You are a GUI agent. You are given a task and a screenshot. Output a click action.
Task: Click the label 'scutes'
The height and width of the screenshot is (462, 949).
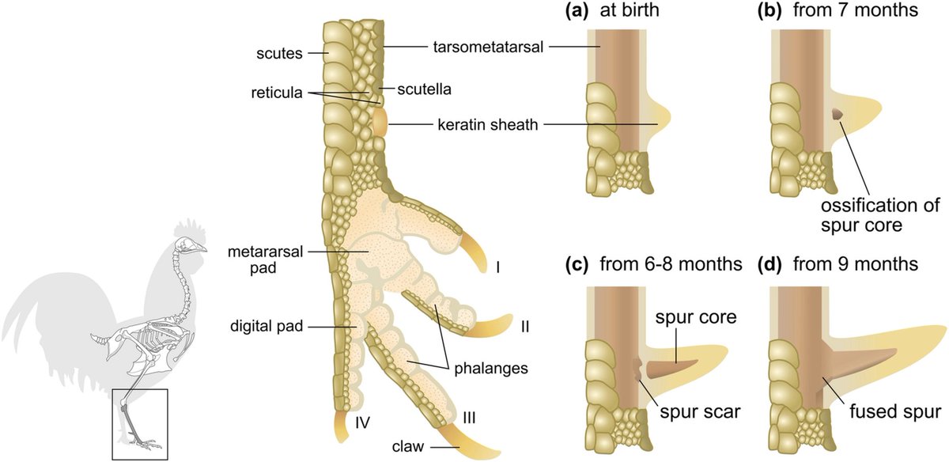point(279,54)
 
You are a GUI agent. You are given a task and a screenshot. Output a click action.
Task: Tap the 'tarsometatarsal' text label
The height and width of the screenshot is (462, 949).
point(488,47)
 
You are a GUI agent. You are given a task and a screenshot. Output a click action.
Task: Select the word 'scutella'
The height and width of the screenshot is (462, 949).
point(424,89)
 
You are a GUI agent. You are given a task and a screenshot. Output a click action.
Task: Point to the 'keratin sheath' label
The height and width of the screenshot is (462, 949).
point(488,125)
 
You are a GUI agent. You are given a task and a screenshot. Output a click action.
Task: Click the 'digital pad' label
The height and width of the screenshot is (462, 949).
point(267,326)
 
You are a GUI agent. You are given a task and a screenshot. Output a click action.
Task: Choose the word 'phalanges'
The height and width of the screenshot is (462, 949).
point(491,369)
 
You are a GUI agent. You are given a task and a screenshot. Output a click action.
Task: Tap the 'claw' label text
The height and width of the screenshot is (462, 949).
point(408,446)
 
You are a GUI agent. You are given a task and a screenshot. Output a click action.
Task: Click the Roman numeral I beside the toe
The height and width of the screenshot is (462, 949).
point(498,268)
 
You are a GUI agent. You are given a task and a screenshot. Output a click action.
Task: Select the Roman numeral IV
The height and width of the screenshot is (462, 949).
point(363,422)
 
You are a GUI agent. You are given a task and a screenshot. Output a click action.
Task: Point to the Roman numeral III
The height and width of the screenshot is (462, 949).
point(469,418)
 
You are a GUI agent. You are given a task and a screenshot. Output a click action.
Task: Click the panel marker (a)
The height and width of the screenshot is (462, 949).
point(577,10)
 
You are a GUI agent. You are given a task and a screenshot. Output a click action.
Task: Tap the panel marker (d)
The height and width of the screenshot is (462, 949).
point(769,264)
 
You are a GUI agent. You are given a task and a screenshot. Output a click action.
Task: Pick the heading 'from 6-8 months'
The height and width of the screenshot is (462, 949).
point(671,264)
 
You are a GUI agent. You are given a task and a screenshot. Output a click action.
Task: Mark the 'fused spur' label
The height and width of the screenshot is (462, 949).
point(895,411)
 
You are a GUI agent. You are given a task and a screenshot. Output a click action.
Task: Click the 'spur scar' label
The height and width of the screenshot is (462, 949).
point(700,411)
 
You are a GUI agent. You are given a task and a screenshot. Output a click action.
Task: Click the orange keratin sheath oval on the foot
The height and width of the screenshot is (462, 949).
point(380,123)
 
